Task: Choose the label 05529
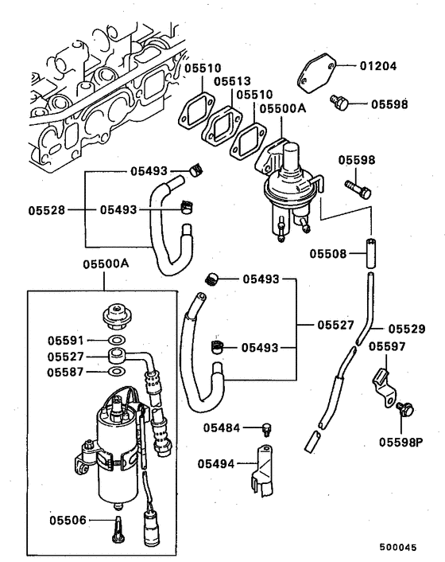tap(408, 328)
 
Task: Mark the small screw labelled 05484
tap(269, 429)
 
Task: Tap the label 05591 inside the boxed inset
tap(63, 341)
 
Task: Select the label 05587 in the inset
tap(63, 372)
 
